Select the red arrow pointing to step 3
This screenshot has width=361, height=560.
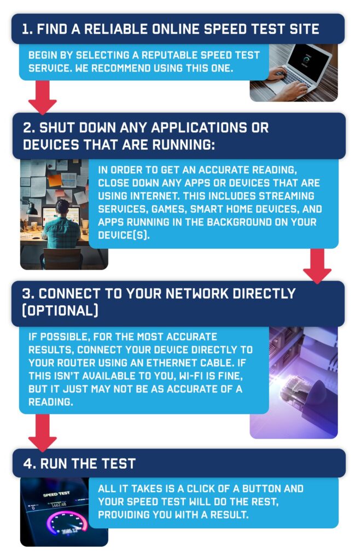pos(317,266)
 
